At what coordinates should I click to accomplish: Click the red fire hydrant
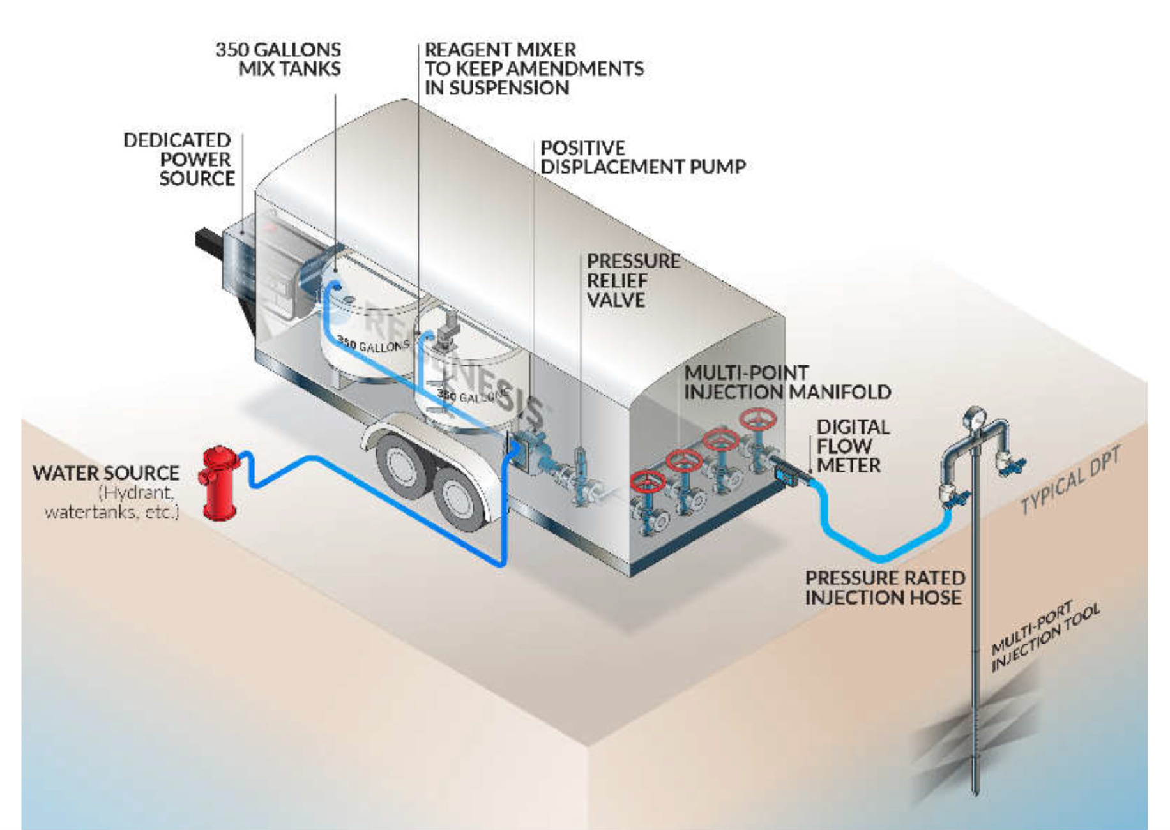[x=219, y=483]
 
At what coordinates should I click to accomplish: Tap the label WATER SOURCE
[x=106, y=473]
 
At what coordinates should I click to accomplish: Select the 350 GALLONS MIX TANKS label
[x=278, y=59]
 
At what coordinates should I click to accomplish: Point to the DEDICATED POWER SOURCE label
[x=179, y=159]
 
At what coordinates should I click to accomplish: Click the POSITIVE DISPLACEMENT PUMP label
[x=642, y=157]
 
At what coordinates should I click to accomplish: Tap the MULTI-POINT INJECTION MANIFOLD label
[x=787, y=382]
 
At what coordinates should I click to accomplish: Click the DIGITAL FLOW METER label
[x=852, y=446]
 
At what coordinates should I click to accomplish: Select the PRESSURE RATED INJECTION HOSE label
[x=885, y=587]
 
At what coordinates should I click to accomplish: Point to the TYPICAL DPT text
[x=1070, y=480]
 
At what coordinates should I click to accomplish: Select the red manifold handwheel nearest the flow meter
[x=758, y=419]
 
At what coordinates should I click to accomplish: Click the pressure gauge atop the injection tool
[x=973, y=416]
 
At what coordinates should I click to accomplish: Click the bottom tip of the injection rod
[x=975, y=792]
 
